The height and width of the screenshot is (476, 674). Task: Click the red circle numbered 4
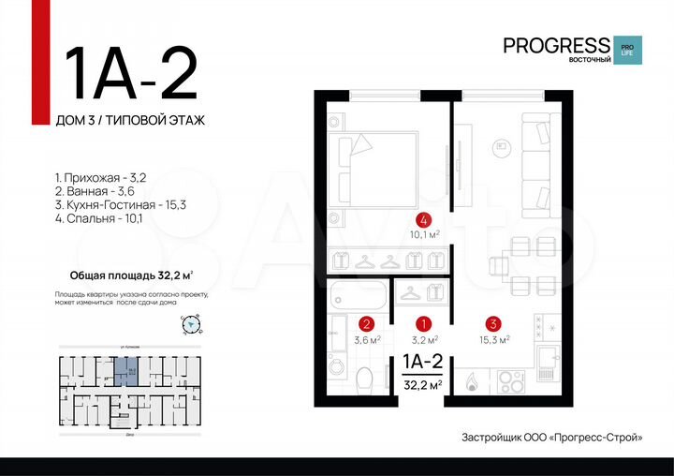425,220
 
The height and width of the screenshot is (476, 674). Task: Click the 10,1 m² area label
425,236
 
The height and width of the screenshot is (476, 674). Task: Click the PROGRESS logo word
556,44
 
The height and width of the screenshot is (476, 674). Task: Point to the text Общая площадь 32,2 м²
132,275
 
